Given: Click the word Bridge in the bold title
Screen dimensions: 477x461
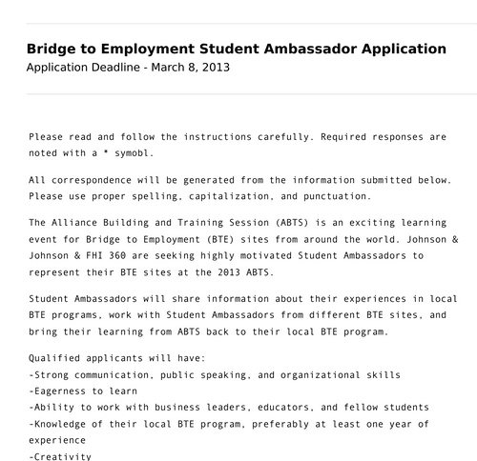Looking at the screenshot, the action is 54,49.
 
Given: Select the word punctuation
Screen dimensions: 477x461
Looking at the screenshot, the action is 332,196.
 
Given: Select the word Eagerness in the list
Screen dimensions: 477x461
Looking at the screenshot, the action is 64,391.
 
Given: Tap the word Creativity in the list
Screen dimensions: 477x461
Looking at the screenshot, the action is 64,456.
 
